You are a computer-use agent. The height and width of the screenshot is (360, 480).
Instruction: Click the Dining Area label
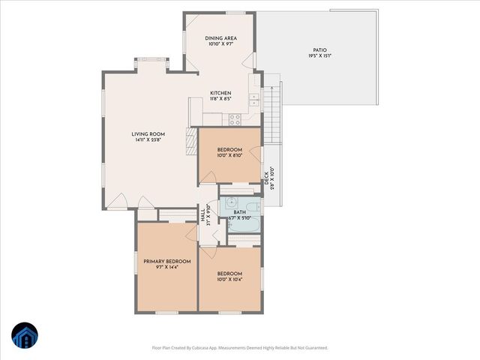point(221,37)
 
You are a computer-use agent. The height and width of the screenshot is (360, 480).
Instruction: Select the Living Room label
point(148,133)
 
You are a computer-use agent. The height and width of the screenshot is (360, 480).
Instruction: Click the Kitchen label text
point(220,92)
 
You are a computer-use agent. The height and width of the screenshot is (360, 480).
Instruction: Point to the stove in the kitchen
point(233,118)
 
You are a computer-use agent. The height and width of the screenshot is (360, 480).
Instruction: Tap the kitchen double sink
point(254,100)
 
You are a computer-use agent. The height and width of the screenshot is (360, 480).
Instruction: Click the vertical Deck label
point(266,178)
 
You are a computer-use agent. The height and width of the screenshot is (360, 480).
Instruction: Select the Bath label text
point(239,212)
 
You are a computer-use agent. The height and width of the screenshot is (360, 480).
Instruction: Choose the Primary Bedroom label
point(166,261)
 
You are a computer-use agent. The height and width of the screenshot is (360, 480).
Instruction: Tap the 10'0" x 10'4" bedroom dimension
point(229,279)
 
